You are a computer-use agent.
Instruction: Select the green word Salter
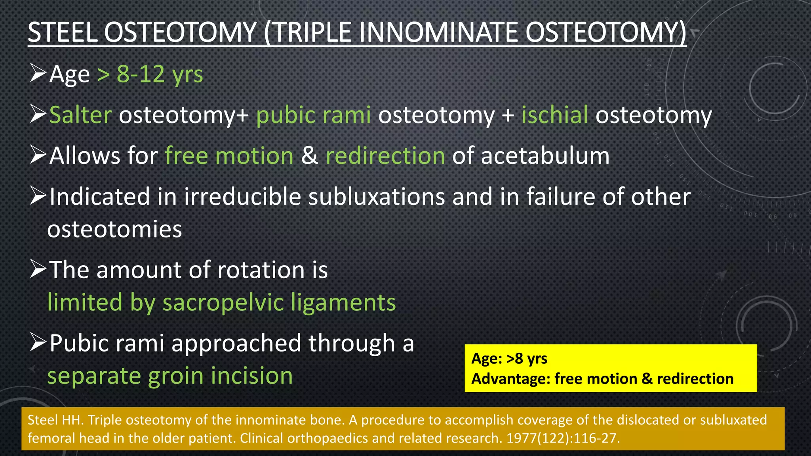pyautogui.click(x=80, y=115)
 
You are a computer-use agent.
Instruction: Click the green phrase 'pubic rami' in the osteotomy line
pyautogui.click(x=314, y=115)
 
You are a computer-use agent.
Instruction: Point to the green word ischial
pyautogui.click(x=554, y=115)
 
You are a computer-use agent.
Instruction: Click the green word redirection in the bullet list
pyautogui.click(x=385, y=156)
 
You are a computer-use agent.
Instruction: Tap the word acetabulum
pyautogui.click(x=545, y=156)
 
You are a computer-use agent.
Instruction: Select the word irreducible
pyautogui.click(x=242, y=197)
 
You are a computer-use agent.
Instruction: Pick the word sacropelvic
pyautogui.click(x=223, y=302)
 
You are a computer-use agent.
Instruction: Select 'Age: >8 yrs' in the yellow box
pyautogui.click(x=509, y=359)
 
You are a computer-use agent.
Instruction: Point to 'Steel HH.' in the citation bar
pyautogui.click(x=55, y=420)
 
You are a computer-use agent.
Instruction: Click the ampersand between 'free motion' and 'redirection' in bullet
pyautogui.click(x=309, y=156)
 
